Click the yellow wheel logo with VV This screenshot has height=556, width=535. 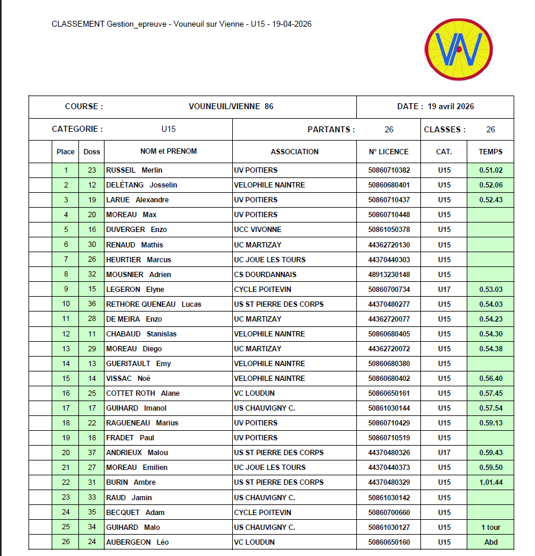[x=458, y=49]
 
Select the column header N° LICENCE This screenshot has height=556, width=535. [x=388, y=151]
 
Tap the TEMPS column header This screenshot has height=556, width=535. [x=490, y=151]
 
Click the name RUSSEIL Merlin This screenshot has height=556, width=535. [x=134, y=170]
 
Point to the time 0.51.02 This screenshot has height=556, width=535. [x=490, y=170]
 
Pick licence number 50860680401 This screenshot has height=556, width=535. [x=388, y=185]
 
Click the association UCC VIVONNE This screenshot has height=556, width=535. [x=258, y=230]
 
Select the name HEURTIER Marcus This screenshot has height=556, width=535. [x=138, y=259]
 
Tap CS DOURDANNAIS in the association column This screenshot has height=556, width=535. [x=265, y=274]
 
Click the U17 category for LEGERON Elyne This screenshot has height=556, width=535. [x=444, y=290]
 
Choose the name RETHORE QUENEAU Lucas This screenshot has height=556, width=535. [x=153, y=304]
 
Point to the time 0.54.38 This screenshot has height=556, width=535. [x=490, y=349]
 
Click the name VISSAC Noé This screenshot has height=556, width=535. [x=128, y=379]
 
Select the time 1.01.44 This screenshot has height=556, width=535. [x=490, y=482]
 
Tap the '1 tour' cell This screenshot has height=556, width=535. [x=490, y=527]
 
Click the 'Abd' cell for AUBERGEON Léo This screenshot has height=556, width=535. [x=490, y=542]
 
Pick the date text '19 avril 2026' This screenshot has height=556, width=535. [x=451, y=107]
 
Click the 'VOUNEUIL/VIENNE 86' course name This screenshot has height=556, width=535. [x=231, y=107]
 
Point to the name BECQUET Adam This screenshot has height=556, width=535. [x=135, y=512]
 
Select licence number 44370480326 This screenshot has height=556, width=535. [x=388, y=453]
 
